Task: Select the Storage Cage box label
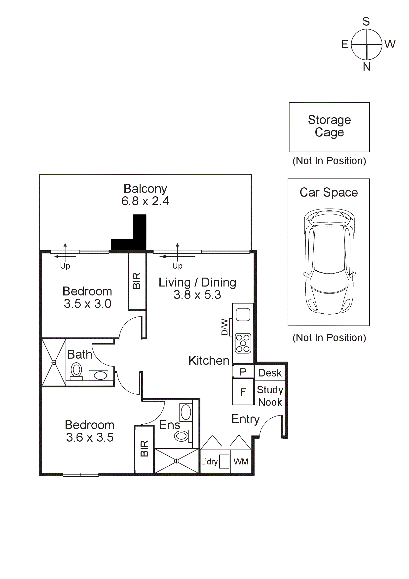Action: tap(329, 126)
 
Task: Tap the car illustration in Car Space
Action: tap(329, 261)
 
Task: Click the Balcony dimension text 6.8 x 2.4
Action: tap(145, 201)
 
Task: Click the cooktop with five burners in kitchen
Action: tap(243, 343)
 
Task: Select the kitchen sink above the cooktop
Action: tap(243, 315)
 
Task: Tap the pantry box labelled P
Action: tap(243, 372)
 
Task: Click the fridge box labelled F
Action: tap(243, 392)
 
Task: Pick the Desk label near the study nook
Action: tap(270, 373)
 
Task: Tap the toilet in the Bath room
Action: tap(76, 371)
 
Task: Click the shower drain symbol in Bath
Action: tap(54, 362)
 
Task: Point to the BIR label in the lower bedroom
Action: tap(144, 449)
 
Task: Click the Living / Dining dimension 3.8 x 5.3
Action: tap(197, 295)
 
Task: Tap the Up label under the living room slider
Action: tap(177, 266)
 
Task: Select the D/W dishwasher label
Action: tap(224, 327)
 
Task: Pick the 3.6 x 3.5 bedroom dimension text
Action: tap(90, 438)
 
